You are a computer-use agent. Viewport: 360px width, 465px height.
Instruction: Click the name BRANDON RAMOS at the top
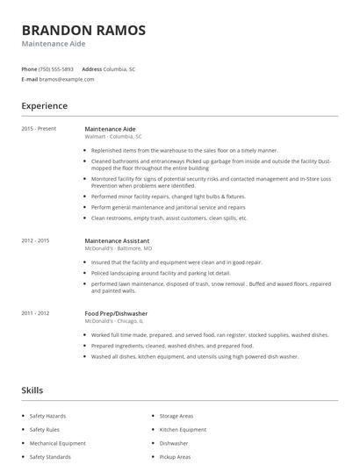(x=83, y=30)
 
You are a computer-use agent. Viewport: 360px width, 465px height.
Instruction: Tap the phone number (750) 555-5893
(x=57, y=68)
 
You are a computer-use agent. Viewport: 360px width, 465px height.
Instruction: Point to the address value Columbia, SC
(x=119, y=68)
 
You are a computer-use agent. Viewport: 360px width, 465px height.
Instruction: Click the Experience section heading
(x=44, y=106)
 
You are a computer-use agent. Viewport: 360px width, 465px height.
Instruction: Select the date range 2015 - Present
(x=38, y=129)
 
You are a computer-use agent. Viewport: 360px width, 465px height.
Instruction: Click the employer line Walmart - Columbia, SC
(x=112, y=137)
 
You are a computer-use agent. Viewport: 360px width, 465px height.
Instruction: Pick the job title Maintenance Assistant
(x=117, y=240)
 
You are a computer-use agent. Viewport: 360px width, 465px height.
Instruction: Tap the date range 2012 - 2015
(x=35, y=240)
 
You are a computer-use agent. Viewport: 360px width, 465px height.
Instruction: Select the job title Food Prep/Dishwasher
(x=116, y=313)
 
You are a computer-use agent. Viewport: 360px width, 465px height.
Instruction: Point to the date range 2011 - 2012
(x=35, y=313)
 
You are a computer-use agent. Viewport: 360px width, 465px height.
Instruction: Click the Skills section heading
(x=32, y=390)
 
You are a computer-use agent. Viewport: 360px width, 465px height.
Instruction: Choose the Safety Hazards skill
(x=47, y=416)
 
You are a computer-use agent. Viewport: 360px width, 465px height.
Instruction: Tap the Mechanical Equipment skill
(x=57, y=443)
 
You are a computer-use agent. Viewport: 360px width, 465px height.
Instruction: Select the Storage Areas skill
(x=176, y=416)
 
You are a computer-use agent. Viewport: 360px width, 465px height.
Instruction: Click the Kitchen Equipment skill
(x=182, y=430)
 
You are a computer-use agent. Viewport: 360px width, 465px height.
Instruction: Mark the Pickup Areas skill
(x=175, y=457)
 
